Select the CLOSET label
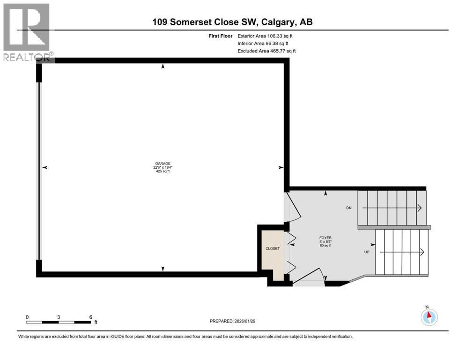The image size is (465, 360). (272, 248)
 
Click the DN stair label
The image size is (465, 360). (348, 208)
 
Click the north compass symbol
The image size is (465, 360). (428, 316)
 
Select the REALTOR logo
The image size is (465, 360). (27, 32)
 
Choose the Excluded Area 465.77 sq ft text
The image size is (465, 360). (266, 51)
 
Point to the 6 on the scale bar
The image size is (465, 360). (90, 316)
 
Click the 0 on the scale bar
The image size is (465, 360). (27, 316)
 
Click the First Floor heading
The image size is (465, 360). (220, 36)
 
